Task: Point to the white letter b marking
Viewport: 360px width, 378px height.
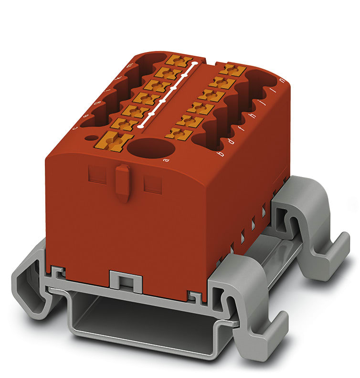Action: pos(220,154)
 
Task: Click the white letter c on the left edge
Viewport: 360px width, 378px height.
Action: pos(74,128)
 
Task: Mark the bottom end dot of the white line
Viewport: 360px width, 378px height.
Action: pos(140,127)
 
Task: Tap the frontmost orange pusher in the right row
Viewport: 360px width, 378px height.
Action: pos(179,134)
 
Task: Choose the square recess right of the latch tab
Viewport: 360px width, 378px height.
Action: pos(152,183)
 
